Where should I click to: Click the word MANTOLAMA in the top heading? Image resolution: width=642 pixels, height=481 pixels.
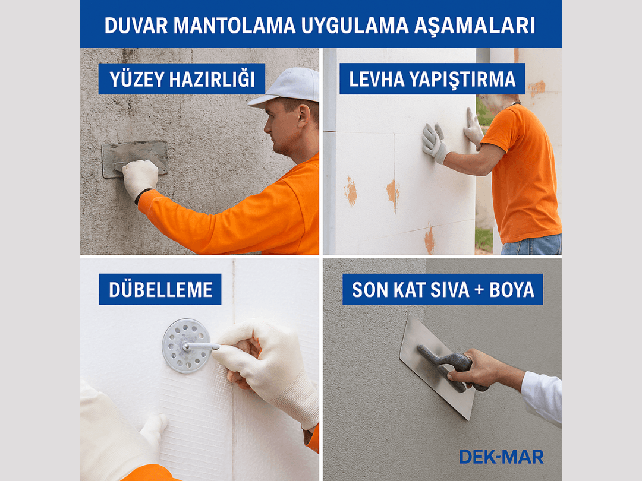coord(235,26)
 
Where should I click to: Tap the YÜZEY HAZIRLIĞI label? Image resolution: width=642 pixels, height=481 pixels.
coord(182,79)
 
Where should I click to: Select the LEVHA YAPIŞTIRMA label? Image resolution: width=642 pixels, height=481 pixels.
coord(432,79)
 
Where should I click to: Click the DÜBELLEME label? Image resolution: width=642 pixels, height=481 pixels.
coord(160,290)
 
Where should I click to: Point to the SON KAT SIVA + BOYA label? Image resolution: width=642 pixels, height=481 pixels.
coord(443,290)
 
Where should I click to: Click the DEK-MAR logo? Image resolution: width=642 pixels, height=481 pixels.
coord(501,457)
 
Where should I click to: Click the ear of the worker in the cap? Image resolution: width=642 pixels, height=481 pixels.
coord(303,116)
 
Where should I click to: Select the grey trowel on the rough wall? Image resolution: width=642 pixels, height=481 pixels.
coord(135,159)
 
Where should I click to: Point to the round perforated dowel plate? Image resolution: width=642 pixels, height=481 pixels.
coord(187,346)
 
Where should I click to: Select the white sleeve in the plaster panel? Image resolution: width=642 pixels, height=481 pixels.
coord(542,396)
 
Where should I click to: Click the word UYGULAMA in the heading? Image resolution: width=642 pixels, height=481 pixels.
coord(354,26)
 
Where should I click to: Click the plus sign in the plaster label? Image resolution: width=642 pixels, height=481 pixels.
coord(479,290)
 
